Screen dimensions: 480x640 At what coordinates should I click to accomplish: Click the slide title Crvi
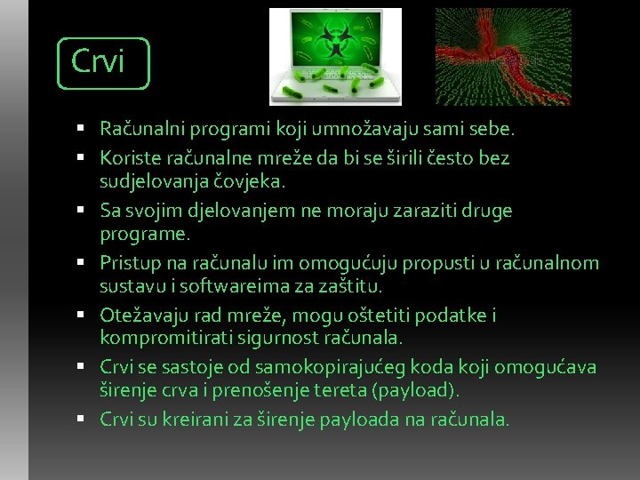(x=98, y=61)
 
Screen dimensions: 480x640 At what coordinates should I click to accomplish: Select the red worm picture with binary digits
(x=501, y=56)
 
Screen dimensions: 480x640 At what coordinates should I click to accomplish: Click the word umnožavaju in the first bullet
(x=333, y=130)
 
